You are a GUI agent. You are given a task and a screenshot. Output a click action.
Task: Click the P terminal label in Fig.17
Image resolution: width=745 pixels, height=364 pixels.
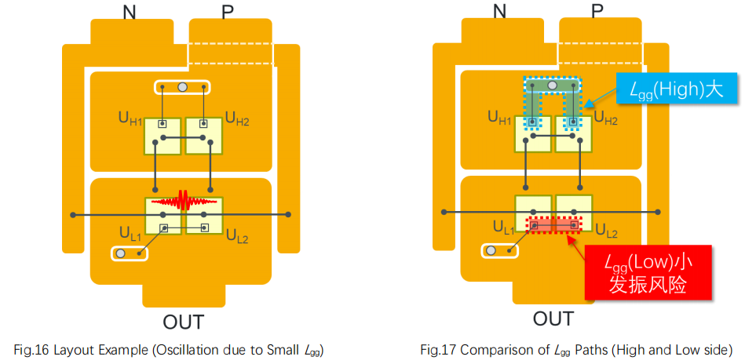(597, 10)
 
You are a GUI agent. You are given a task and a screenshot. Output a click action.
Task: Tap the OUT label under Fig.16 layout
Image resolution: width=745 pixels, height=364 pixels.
(183, 322)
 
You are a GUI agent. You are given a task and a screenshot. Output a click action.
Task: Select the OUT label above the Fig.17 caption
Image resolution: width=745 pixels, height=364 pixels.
(553, 318)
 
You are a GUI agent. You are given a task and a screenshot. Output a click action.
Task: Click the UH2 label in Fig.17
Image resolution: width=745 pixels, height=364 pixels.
(605, 118)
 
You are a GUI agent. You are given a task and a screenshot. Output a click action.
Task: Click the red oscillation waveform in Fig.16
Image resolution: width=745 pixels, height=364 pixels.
(183, 201)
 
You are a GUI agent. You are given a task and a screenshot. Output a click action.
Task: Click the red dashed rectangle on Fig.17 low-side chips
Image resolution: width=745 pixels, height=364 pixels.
(556, 226)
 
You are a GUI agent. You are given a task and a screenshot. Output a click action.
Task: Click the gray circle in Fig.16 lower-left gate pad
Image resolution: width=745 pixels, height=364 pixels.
(121, 253)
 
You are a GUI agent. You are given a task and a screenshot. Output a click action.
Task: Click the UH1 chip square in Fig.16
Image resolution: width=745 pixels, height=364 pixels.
(163, 135)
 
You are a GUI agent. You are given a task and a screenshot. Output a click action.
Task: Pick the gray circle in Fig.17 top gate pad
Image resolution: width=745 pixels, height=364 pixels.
(553, 85)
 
